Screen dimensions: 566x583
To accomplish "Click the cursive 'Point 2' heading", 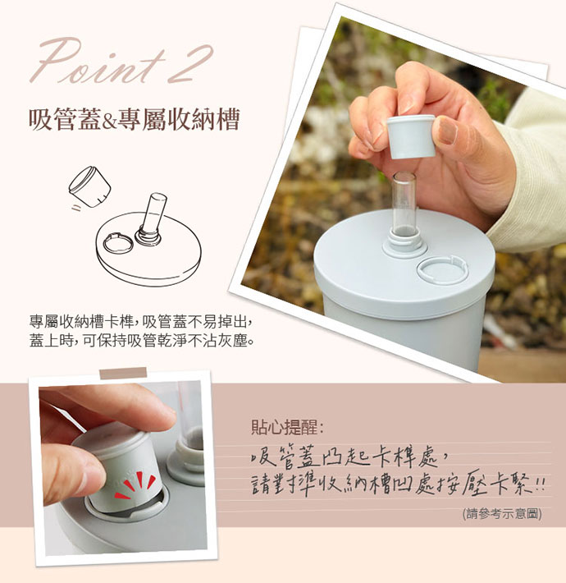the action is point(121,62).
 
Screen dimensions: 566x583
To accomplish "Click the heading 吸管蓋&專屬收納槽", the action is point(134,119).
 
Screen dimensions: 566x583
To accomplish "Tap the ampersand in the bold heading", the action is point(109,121).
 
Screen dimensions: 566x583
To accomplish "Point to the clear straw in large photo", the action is point(404,204).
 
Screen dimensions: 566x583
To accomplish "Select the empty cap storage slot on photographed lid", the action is point(442,269).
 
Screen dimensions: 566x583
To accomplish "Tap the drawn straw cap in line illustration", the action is point(90,186).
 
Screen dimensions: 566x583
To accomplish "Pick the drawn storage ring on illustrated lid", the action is point(118,244).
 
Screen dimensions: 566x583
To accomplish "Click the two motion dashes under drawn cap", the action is point(76,208).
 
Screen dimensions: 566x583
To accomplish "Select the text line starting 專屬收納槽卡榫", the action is point(141,322).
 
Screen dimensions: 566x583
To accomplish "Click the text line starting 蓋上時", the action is point(142,341).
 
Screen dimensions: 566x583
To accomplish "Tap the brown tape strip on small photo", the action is point(123,373).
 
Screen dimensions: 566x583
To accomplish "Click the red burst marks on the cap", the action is point(135,485).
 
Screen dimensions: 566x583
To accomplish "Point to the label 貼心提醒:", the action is point(287,427).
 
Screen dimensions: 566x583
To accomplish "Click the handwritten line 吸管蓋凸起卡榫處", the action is point(349,457).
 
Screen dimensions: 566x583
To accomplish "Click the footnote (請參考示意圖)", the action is point(502,514).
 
